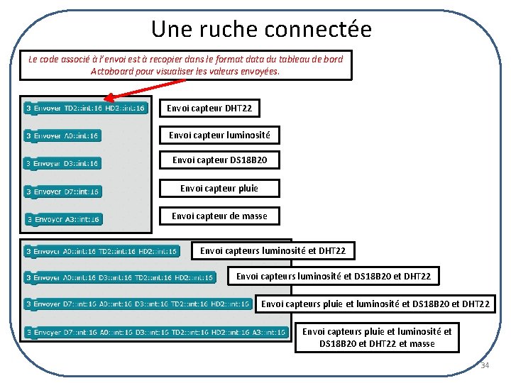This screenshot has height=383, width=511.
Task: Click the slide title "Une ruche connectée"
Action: [260, 29]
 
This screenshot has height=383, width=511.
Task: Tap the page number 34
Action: [485, 365]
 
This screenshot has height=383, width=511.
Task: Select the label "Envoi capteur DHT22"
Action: [209, 108]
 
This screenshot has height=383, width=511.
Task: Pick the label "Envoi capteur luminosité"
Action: [219, 135]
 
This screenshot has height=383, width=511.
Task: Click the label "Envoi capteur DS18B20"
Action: [219, 160]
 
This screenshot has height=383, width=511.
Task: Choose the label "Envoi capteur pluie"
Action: [219, 188]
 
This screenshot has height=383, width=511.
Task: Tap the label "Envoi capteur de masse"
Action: [219, 216]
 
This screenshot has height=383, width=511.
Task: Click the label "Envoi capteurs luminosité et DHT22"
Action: [273, 250]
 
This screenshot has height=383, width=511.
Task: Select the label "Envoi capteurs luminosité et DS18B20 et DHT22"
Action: [333, 276]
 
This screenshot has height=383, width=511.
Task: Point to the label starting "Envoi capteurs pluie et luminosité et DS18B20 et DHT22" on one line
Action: [375, 304]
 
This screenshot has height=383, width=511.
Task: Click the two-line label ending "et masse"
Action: [377, 338]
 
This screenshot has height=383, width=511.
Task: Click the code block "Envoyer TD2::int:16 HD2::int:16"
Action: [86, 108]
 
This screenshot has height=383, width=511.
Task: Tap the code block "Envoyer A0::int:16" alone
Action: [62, 135]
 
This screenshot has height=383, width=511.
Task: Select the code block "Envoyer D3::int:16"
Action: [62, 163]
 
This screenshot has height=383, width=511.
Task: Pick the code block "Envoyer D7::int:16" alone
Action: [62, 191]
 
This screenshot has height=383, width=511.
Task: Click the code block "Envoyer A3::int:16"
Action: [64, 219]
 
